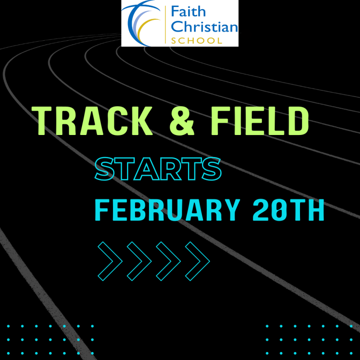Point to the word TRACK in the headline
[x=93, y=121]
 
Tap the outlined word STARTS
[x=158, y=169]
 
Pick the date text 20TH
[x=288, y=210]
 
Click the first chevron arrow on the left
[x=110, y=261]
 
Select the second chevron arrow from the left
[x=139, y=261]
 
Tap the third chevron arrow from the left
[x=168, y=261]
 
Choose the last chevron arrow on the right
[x=197, y=261]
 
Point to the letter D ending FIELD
[x=298, y=121]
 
